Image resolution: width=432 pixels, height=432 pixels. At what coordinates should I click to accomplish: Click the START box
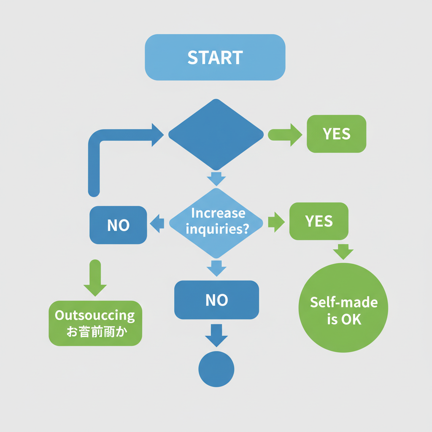coord(215,57)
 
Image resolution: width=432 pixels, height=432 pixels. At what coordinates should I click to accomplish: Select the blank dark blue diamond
coord(216,135)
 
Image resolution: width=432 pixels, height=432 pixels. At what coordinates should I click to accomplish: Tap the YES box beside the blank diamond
coord(336,134)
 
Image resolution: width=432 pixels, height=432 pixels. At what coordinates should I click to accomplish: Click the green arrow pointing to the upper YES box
coord(285,135)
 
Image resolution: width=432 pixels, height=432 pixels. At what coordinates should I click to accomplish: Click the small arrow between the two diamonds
coord(216,178)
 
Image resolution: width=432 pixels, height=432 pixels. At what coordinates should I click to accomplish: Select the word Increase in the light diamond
coord(218,213)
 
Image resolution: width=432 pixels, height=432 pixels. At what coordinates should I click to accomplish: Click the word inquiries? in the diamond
coord(218,229)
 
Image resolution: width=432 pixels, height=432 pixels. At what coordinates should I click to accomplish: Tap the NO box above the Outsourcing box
coord(118,225)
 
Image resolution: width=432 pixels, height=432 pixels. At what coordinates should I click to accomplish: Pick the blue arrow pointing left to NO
coord(157,223)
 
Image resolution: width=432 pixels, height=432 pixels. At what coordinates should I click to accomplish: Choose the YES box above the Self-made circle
coord(319,221)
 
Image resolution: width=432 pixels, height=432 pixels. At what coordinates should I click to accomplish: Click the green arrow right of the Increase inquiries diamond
coord(277,222)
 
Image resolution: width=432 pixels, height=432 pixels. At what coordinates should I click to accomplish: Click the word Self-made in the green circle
coord(344,302)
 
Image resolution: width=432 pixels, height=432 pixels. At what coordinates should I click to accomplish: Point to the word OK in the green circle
coord(351,319)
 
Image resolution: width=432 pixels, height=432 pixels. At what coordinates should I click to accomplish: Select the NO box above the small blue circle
coord(216,300)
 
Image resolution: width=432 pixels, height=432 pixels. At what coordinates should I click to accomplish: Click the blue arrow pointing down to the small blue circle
coord(216,336)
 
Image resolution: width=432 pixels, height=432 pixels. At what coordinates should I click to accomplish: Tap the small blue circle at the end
coord(216,369)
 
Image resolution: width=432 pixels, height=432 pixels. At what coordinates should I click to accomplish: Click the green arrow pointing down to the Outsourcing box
coord(95,278)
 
